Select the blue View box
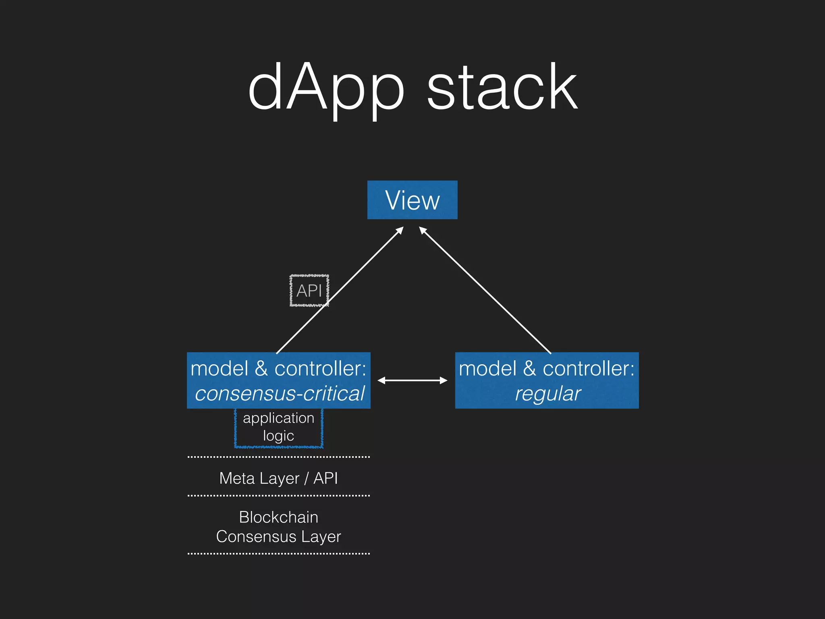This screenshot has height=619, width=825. tap(412, 200)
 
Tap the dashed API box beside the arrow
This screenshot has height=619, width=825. tap(309, 291)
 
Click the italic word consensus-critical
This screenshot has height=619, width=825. tap(280, 394)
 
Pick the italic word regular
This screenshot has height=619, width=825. tap(547, 394)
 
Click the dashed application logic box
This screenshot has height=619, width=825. tap(278, 427)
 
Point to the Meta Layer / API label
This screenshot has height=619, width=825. tap(278, 478)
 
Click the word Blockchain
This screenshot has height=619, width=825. tap(278, 517)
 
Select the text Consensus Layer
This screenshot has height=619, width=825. tap(278, 537)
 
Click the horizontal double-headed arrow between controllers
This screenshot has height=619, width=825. tap(412, 380)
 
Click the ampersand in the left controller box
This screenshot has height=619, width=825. tap(261, 369)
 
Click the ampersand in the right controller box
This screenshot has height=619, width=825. tap(529, 369)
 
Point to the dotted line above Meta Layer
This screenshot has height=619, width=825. tap(278, 457)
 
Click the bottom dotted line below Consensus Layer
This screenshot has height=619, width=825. tap(278, 554)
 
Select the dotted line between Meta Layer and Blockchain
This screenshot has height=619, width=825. tap(278, 496)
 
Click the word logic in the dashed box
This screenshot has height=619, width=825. tap(278, 436)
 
